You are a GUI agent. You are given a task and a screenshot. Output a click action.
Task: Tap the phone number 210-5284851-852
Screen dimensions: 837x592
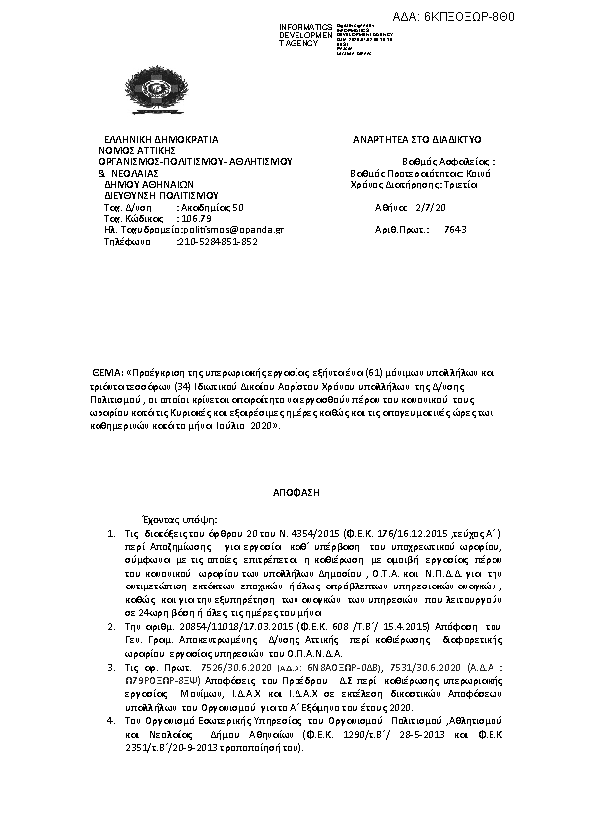(x=217, y=241)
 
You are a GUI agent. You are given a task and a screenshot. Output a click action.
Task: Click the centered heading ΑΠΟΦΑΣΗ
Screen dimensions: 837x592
(x=295, y=492)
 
